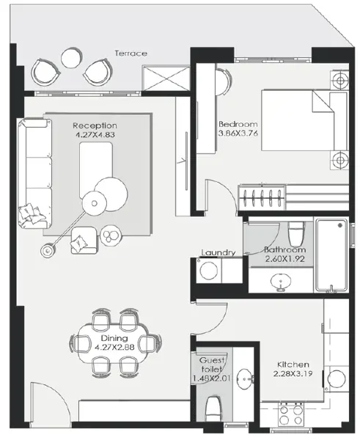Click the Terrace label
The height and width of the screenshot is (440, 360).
(131, 53)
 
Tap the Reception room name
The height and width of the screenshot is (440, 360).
(91, 125)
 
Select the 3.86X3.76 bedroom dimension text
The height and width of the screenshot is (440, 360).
(237, 135)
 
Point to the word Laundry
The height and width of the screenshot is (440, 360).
(218, 253)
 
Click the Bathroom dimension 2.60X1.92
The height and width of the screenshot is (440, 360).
(284, 259)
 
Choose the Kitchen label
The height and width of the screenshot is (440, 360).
(293, 364)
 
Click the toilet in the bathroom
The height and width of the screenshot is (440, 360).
(295, 232)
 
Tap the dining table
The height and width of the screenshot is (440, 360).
(115, 338)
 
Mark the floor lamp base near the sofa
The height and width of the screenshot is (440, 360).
(48, 251)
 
